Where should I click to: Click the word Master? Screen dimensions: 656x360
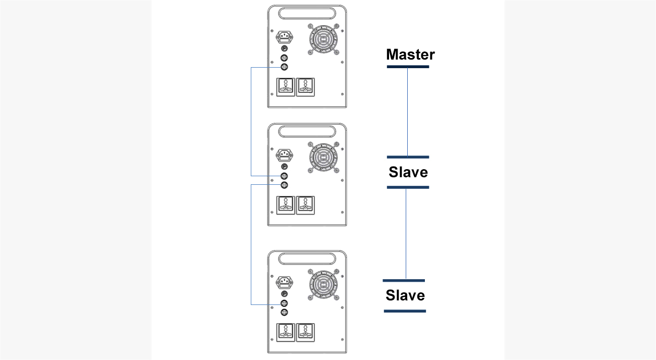point(410,55)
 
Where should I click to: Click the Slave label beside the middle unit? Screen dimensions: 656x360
point(408,172)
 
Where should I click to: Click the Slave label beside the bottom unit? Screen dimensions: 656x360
point(405,295)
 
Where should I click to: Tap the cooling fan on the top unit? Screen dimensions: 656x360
point(323,39)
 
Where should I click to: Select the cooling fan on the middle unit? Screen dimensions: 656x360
point(323,158)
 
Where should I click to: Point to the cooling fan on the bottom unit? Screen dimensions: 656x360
point(323,285)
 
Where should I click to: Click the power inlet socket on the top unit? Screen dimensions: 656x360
point(285,37)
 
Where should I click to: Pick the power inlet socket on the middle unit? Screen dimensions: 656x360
point(285,155)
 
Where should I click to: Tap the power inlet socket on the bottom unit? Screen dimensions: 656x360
point(285,282)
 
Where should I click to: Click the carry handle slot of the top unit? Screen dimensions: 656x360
point(307,14)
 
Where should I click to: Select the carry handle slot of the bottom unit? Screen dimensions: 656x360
point(307,259)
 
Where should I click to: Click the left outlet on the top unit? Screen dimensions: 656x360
point(286,87)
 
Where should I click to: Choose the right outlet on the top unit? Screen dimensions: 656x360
point(305,87)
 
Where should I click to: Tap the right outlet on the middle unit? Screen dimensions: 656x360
point(305,205)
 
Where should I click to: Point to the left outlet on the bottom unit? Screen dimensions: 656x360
point(286,332)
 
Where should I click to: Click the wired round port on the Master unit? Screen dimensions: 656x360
point(284,67)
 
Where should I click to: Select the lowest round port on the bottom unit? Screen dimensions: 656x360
point(284,313)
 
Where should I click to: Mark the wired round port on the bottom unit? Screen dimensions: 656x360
point(284,303)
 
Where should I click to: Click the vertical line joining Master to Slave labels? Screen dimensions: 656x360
point(407,112)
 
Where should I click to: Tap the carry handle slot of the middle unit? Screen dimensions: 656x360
point(307,131)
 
